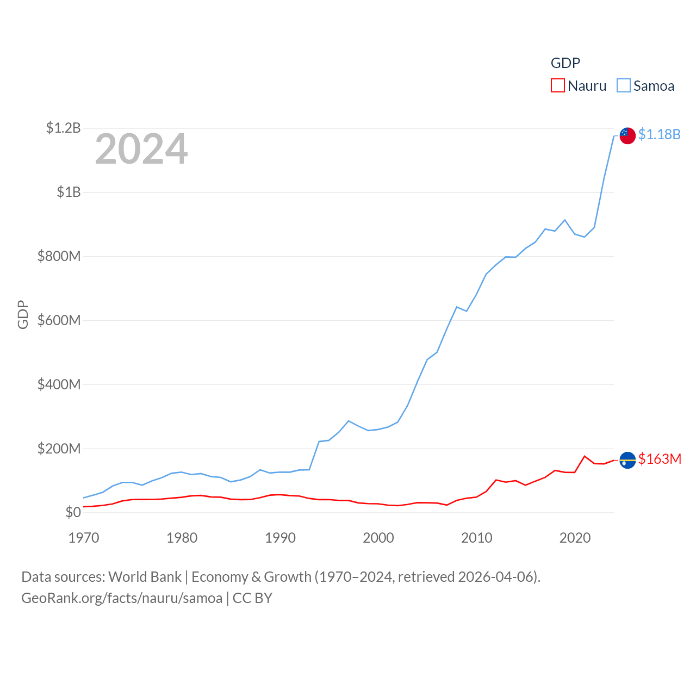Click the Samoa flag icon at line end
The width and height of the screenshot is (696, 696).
pos(627,135)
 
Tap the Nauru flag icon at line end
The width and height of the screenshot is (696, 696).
pos(627,460)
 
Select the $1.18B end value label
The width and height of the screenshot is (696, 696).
pos(659,134)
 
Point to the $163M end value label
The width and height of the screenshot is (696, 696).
pos(660,459)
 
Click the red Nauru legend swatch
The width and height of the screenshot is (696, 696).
pos(558,86)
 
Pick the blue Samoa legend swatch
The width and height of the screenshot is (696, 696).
pos(624,86)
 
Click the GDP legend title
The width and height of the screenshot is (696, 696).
pos(565,63)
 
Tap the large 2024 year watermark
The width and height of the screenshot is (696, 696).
pos(141,149)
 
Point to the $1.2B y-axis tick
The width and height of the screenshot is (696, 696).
pos(63,128)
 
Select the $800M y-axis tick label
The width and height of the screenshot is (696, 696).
pos(59,256)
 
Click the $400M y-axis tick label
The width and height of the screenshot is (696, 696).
pos(59,384)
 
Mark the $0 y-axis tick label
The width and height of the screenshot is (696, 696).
pos(73,512)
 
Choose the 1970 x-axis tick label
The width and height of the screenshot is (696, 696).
pos(84,538)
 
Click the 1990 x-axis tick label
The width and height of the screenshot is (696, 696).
pos(280,538)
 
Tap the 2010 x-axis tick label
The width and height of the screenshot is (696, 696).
pos(477,538)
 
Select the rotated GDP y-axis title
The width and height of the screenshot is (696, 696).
pos(23,314)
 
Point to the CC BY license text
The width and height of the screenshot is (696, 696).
pos(252,598)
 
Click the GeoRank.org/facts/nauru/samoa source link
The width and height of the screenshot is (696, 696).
pos(122,598)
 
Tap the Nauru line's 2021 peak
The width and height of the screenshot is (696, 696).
pos(585,456)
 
